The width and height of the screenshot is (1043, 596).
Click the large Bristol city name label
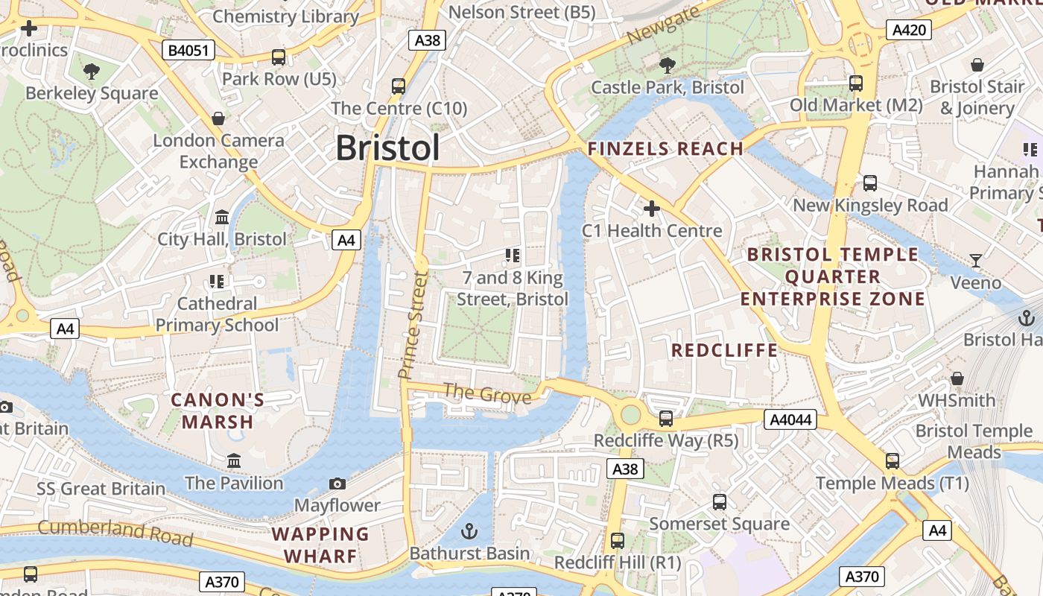[387, 148]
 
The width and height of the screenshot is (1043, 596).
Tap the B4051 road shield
[189, 51]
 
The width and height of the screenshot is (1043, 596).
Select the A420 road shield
[908, 30]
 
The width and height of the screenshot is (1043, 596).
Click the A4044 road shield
[790, 420]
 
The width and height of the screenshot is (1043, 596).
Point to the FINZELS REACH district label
[665, 148]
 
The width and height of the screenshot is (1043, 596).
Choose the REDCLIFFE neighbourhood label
[724, 350]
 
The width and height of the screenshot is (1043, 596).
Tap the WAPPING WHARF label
[320, 545]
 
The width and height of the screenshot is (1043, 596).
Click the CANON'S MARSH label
[218, 411]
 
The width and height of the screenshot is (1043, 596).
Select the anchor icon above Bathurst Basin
[469, 531]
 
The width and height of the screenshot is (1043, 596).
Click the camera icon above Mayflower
[337, 484]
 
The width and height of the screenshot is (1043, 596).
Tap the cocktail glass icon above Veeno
[976, 261]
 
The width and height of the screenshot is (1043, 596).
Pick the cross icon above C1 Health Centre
[652, 209]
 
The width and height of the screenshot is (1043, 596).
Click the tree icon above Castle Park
[668, 65]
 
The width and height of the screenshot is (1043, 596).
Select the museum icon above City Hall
[222, 218]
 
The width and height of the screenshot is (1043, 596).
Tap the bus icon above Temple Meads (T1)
[893, 461]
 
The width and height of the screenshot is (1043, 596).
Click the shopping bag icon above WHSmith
[957, 379]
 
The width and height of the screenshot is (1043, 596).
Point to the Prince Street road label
[413, 324]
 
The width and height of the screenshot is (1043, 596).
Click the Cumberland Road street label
[115, 532]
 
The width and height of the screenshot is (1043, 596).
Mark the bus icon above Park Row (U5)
[279, 57]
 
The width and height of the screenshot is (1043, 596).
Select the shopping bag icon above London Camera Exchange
[218, 118]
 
